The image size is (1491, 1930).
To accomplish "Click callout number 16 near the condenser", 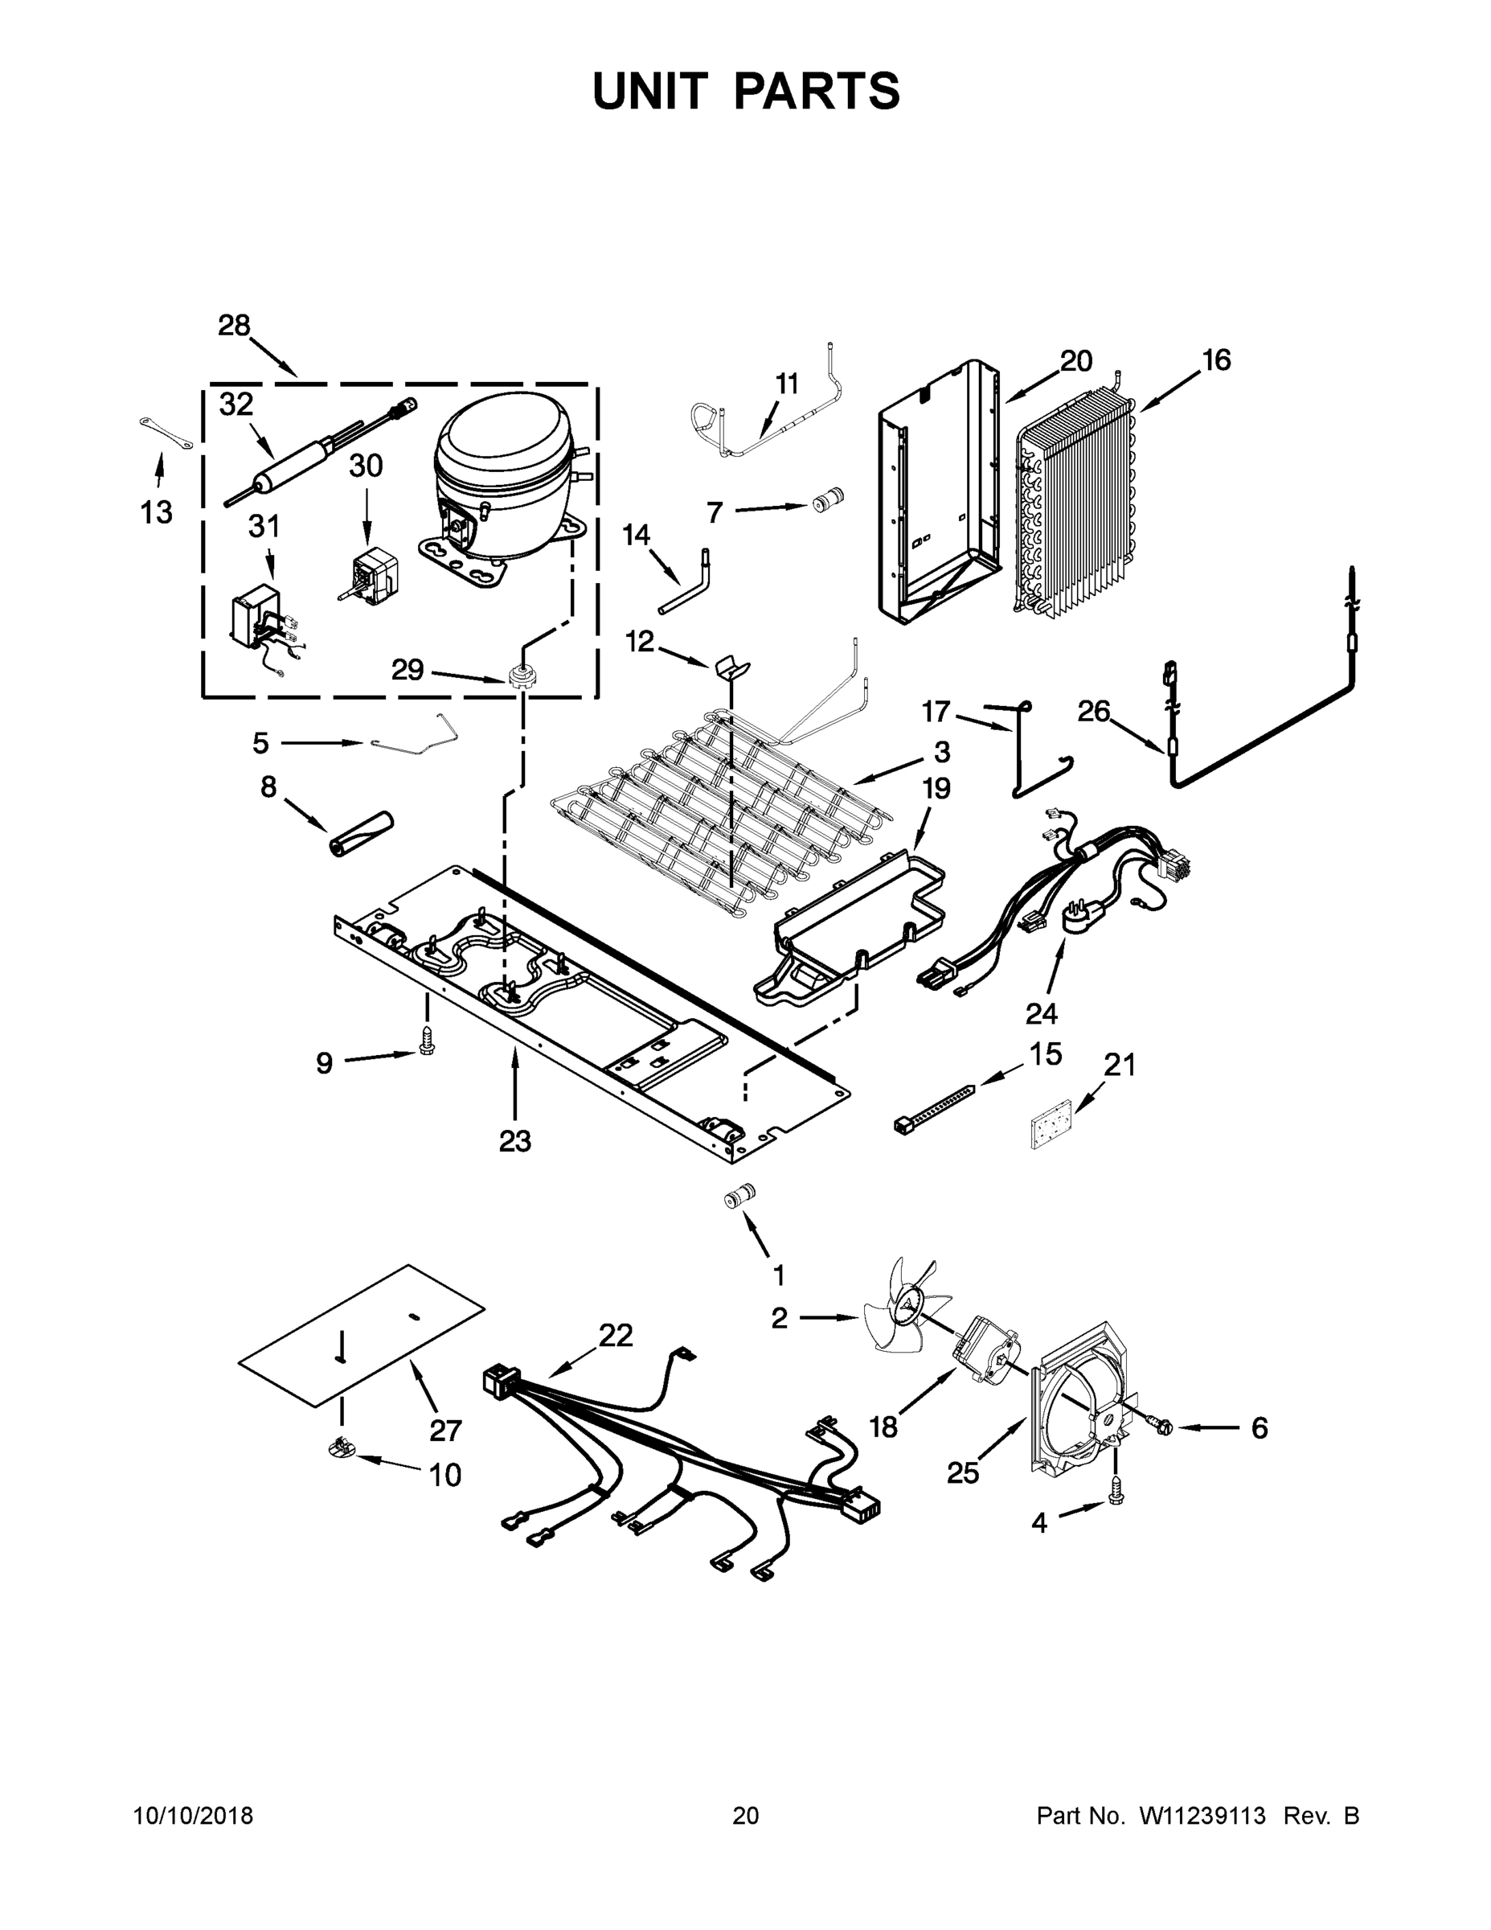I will click(1215, 360).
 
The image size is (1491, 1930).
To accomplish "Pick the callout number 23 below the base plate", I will click(515, 1141).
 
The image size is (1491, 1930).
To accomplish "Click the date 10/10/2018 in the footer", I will click(194, 1815).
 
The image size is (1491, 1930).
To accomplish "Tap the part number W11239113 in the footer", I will click(1202, 1815).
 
